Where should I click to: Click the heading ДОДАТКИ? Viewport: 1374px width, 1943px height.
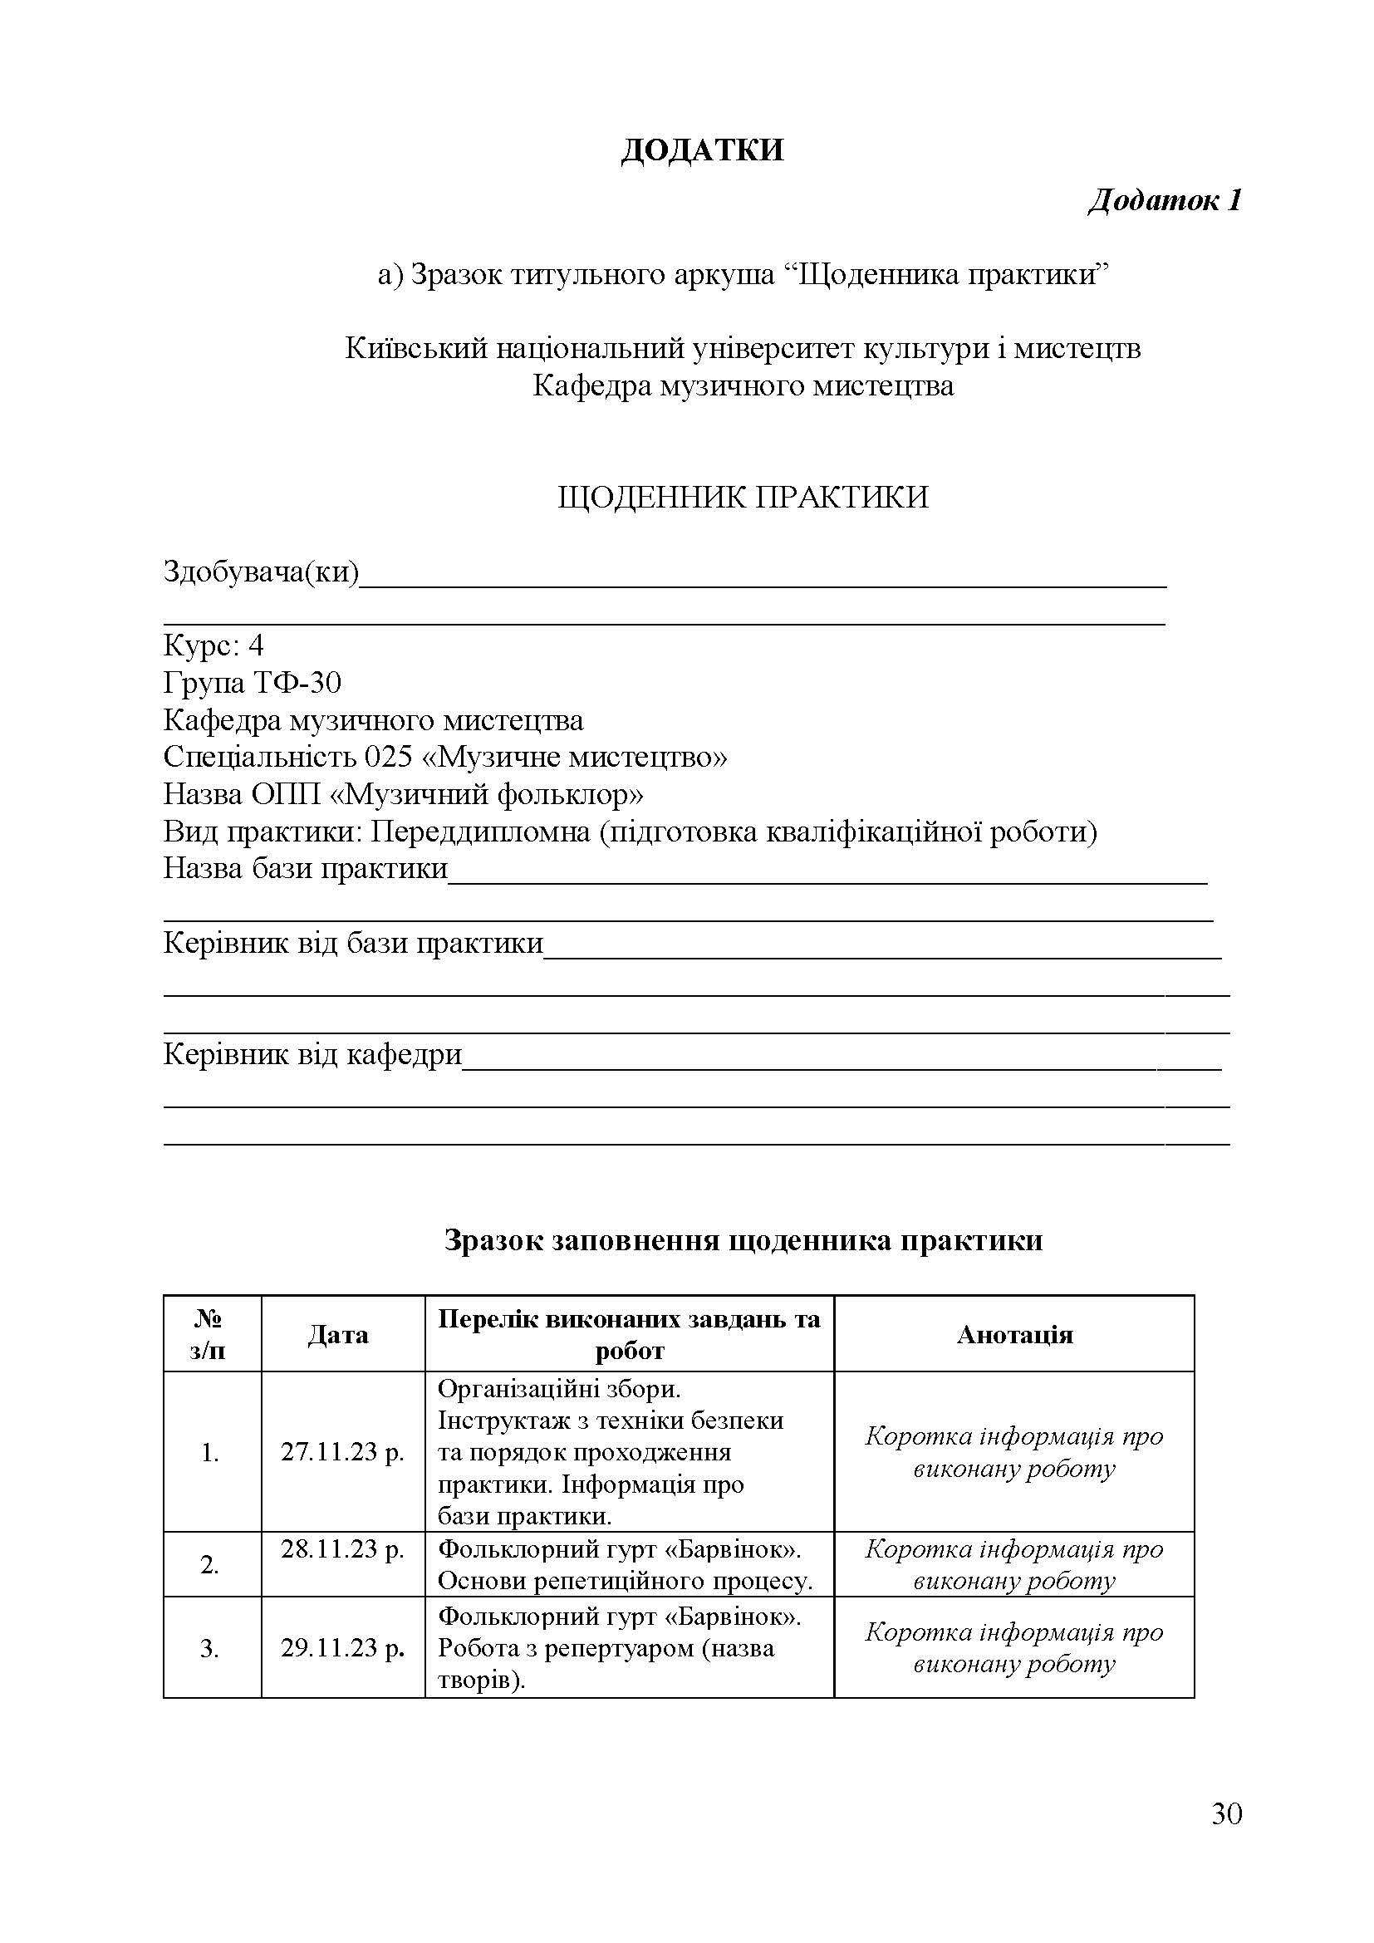pos(701,150)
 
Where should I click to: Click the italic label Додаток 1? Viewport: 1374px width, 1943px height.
pos(1164,200)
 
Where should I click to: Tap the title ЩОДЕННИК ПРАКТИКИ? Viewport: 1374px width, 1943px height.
pos(743,497)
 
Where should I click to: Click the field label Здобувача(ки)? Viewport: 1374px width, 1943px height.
pos(261,573)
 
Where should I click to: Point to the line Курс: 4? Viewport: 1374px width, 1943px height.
pos(213,646)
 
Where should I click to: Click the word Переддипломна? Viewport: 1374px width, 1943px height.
pos(480,832)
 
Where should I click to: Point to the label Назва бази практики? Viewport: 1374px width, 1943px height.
pos(305,868)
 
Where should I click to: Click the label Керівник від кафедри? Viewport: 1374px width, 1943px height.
pos(312,1054)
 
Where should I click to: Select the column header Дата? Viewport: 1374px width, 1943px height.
pos(337,1335)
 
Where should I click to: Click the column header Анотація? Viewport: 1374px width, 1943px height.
pos(1014,1335)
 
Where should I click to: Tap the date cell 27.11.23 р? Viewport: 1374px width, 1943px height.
pos(342,1452)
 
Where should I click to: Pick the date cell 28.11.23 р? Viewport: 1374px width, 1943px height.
pos(342,1549)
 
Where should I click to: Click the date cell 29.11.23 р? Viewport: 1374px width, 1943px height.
pos(342,1647)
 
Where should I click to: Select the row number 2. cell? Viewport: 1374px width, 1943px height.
pos(210,1566)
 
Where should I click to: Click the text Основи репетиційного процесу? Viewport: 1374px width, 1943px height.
pos(625,1581)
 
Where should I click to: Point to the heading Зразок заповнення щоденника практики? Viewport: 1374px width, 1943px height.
pos(743,1240)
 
